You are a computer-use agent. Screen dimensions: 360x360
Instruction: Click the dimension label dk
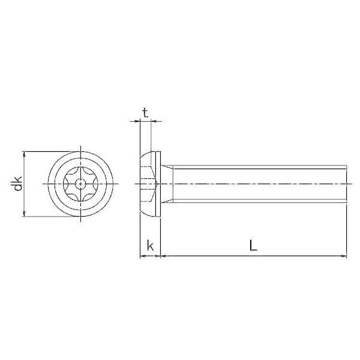[17, 184]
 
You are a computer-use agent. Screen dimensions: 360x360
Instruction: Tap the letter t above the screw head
[146, 113]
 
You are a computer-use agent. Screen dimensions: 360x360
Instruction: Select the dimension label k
[150, 246]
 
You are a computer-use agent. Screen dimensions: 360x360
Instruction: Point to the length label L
[253, 245]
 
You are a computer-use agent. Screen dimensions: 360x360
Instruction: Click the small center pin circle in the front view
[80, 184]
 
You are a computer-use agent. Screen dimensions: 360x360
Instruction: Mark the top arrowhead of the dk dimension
[25, 154]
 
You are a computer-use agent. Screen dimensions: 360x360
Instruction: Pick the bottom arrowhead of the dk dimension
[25, 214]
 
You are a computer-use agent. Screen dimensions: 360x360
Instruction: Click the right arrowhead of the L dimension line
[344, 256]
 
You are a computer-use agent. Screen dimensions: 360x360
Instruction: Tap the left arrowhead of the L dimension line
[163, 256]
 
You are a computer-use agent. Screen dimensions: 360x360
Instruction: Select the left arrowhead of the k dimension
[143, 256]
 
